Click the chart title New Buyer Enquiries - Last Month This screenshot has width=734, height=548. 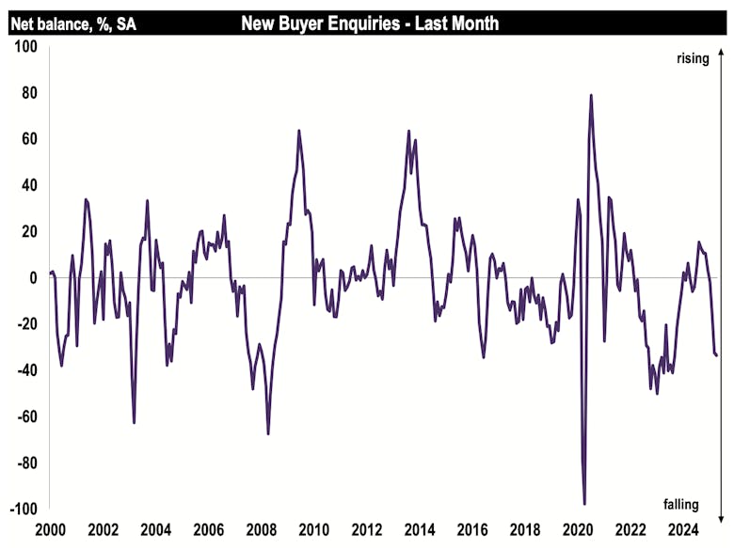[370, 23]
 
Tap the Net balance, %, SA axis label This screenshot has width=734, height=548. [72, 23]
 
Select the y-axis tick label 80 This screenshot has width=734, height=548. [26, 92]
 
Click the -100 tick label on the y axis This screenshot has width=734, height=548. [20, 509]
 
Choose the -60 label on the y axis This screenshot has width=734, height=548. [23, 416]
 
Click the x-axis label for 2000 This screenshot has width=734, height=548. [50, 530]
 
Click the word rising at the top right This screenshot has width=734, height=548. [692, 59]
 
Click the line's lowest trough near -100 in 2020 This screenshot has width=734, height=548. [584, 505]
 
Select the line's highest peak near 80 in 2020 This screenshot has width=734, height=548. [591, 95]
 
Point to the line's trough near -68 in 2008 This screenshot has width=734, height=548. [268, 433]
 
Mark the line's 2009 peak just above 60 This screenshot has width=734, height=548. [298, 131]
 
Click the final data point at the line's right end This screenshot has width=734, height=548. [716, 355]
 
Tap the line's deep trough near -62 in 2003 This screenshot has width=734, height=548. [134, 422]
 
